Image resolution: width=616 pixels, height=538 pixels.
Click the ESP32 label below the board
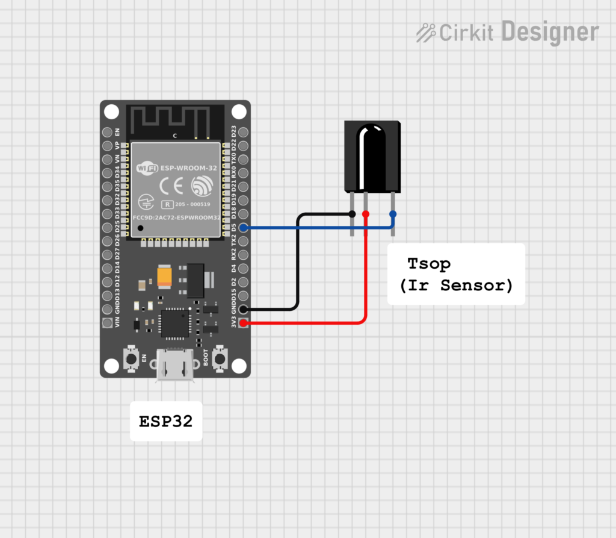166,421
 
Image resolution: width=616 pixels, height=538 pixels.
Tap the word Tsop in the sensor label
429,263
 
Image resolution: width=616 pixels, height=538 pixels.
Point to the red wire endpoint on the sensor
366,214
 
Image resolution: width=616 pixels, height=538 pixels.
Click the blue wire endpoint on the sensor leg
393,214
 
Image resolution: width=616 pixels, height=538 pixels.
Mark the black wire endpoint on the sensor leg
352,214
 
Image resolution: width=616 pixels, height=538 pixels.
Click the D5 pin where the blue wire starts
243,228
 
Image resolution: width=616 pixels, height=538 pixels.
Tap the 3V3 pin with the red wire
243,323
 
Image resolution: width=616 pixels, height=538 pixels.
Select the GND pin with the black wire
243,310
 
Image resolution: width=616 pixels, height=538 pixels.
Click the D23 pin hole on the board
243,132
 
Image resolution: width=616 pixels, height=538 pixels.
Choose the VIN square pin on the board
108,323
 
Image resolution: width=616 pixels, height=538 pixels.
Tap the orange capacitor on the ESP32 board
165,277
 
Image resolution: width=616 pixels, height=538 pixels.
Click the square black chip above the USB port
175,322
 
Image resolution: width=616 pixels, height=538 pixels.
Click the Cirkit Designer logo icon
426,32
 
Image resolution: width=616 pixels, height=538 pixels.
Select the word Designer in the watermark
550,32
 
